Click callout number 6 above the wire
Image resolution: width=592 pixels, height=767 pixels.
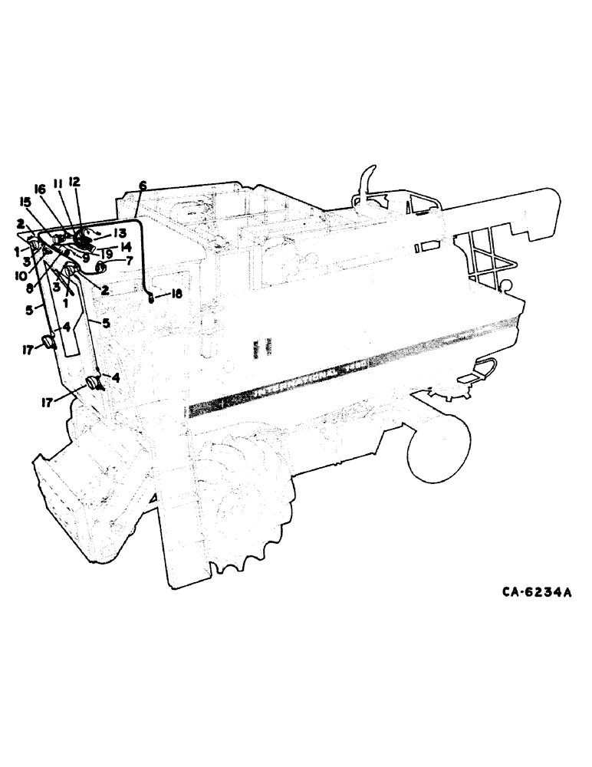pyautogui.click(x=142, y=186)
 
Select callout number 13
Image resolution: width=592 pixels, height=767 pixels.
pyautogui.click(x=120, y=233)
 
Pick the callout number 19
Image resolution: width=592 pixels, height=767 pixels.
pyautogui.click(x=107, y=254)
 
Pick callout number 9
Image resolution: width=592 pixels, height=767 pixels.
pyautogui.click(x=87, y=258)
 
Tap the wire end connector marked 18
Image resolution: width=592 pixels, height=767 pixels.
pyautogui.click(x=151, y=298)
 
